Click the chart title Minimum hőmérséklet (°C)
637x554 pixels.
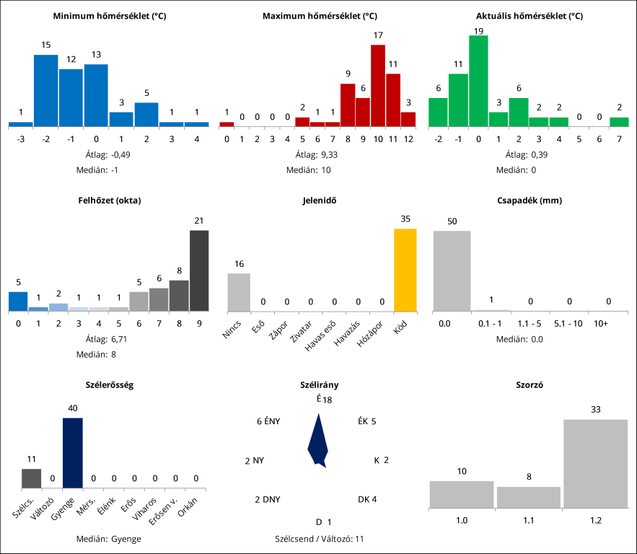click(x=110, y=16)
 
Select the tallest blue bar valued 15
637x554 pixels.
click(x=45, y=90)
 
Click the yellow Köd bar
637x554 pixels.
click(x=405, y=269)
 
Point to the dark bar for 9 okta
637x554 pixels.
click(x=199, y=271)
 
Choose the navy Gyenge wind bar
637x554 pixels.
click(x=72, y=453)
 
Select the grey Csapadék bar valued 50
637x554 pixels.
click(x=452, y=271)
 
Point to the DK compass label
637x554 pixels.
click(x=367, y=499)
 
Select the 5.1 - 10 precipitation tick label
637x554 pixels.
click(x=568, y=324)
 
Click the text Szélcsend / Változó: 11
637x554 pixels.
click(x=318, y=538)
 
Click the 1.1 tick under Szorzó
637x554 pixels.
click(x=528, y=519)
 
